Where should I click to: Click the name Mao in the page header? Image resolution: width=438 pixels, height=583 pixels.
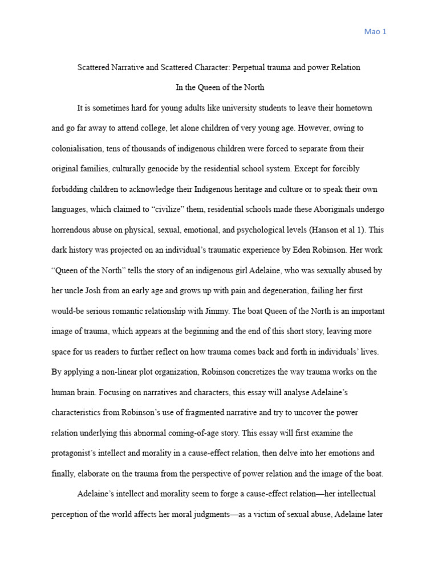tap(371, 32)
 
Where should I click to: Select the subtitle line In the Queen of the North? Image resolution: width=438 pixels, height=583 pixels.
tap(219, 88)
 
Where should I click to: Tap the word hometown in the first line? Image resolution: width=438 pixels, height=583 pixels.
tap(354, 108)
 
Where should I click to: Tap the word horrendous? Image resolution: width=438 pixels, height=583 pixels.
tap(72, 230)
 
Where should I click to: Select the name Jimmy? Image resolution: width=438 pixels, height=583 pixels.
tap(194, 311)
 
